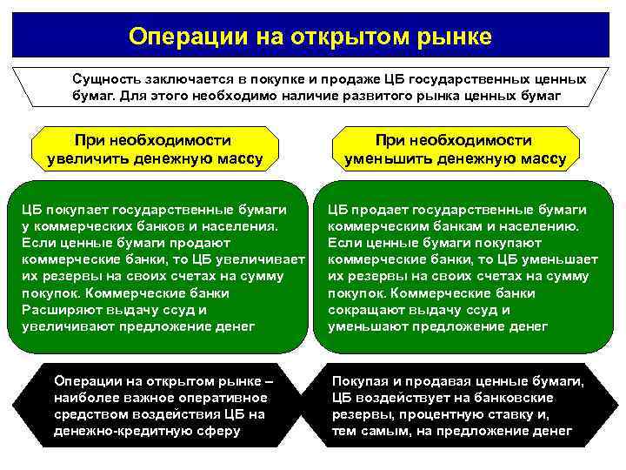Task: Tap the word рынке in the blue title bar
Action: coord(452,37)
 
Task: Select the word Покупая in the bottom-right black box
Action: coord(358,381)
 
